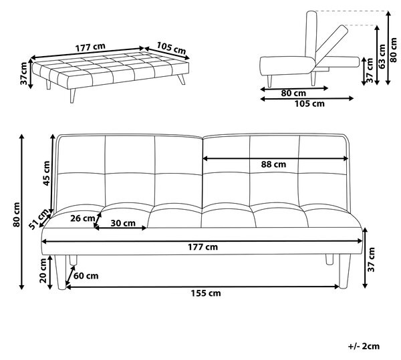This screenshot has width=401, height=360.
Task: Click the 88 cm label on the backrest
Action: (273, 164)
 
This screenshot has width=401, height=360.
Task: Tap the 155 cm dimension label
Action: (206, 293)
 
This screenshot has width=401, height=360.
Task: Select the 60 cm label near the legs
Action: (86, 276)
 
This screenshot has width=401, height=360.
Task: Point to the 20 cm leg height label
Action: (43, 271)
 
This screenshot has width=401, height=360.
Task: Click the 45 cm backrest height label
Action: (46, 173)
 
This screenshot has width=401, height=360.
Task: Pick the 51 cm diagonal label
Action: (39, 219)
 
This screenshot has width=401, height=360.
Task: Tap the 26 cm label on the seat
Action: (83, 218)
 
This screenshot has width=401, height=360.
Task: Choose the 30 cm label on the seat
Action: (123, 223)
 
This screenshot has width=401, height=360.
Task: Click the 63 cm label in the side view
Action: (382, 56)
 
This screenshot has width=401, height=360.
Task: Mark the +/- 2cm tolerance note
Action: (364, 346)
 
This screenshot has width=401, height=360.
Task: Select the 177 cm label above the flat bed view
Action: (90, 47)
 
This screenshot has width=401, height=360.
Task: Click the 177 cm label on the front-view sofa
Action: (203, 247)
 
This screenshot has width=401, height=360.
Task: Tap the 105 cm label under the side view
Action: (309, 104)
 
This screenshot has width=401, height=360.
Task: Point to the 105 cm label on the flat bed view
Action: (171, 48)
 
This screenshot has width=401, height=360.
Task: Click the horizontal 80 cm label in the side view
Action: (293, 94)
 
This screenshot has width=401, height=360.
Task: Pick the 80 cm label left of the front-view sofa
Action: (17, 214)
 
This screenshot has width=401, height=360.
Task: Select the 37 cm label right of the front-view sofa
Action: (371, 260)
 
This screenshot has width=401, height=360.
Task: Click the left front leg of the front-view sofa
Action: (61, 272)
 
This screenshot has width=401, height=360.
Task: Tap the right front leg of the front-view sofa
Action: (344, 271)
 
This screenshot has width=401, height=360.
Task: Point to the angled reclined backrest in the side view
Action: (331, 43)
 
